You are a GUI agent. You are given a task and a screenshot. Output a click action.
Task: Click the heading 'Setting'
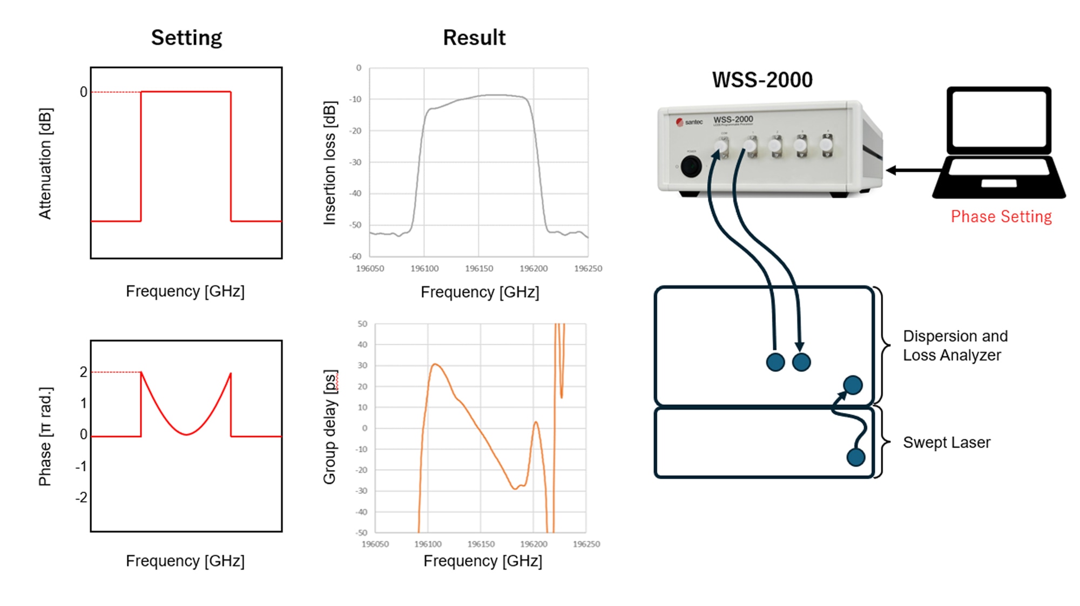click(186, 38)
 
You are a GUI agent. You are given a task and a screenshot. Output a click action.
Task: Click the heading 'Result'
click(474, 38)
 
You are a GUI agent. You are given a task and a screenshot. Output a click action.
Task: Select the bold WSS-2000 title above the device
click(762, 80)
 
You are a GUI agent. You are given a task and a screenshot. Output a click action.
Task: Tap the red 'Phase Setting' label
click(1001, 216)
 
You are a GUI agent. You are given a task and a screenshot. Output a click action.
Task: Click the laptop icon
click(999, 143)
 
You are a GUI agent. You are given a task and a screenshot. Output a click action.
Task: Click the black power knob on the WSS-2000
click(691, 166)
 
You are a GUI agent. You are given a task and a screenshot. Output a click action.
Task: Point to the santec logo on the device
click(690, 122)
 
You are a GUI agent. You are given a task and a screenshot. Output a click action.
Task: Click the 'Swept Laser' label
click(947, 442)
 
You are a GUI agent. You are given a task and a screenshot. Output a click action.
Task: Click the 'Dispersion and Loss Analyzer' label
click(955, 345)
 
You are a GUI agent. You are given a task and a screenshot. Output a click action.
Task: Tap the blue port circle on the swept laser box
click(856, 458)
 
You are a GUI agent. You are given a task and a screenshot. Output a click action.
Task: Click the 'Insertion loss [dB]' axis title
click(330, 162)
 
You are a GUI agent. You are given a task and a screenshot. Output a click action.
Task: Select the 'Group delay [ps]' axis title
click(330, 427)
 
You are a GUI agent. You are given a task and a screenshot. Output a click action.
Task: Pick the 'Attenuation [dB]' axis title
click(45, 164)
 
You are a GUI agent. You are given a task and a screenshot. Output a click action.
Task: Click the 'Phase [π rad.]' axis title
click(45, 436)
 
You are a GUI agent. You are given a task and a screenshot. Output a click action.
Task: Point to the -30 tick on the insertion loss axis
click(355, 162)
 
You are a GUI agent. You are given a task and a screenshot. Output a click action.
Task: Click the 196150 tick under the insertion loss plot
click(478, 268)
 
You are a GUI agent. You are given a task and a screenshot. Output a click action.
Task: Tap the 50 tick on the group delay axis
click(362, 324)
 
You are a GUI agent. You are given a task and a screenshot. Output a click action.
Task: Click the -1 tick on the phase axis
click(81, 466)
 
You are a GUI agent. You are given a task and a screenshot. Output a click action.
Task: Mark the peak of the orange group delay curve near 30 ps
click(435, 365)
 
